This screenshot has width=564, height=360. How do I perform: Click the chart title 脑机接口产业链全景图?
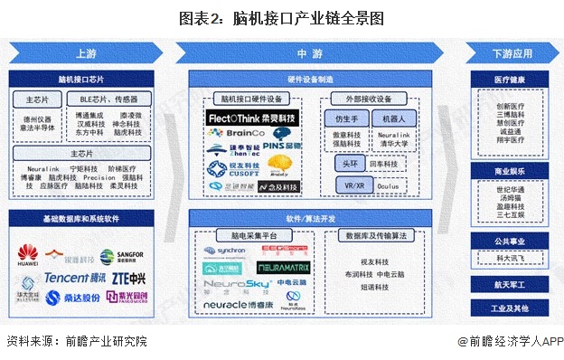[x=282, y=17]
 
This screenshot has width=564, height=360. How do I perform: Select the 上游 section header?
[x=87, y=53]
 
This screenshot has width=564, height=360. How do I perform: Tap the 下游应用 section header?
[x=512, y=53]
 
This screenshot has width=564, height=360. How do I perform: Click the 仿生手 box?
[x=347, y=118]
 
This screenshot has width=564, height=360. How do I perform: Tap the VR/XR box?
[x=347, y=186]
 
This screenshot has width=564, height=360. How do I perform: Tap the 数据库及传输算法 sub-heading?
[x=375, y=234]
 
